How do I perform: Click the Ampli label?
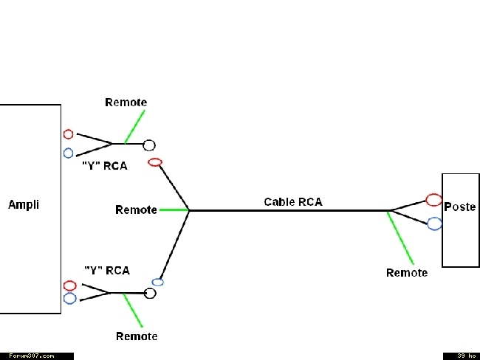click(x=24, y=204)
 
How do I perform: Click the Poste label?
click(x=460, y=207)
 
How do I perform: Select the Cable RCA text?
click(x=293, y=202)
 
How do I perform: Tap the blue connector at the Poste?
click(x=428, y=224)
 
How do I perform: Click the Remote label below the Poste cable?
click(x=407, y=273)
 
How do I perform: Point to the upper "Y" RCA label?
click(x=105, y=166)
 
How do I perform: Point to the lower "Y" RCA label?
click(x=107, y=271)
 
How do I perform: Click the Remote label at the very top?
click(x=126, y=103)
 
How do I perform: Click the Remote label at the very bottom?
click(x=137, y=336)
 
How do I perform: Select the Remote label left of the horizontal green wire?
click(x=136, y=210)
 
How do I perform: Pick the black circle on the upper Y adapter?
click(x=149, y=139)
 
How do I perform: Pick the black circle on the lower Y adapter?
click(x=150, y=288)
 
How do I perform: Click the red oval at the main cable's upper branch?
click(x=155, y=159)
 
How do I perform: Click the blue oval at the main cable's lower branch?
click(x=157, y=279)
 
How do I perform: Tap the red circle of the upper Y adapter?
click(x=68, y=130)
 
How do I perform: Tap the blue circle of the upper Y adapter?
click(x=68, y=148)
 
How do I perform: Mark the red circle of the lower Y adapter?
click(x=70, y=281)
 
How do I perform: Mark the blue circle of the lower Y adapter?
click(x=70, y=294)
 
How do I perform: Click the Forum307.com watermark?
click(x=32, y=356)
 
